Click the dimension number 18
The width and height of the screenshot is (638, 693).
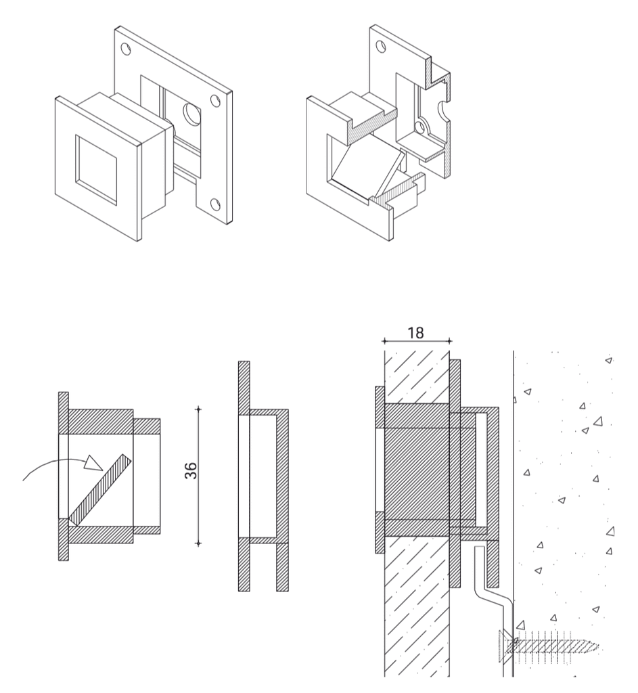pyautogui.click(x=415, y=332)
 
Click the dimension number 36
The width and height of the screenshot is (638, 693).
pyautogui.click(x=190, y=471)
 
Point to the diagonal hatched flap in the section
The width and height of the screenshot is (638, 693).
pyautogui.click(x=100, y=490)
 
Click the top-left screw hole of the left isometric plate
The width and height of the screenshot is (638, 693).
pyautogui.click(x=125, y=49)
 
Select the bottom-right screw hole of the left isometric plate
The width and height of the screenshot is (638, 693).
pyautogui.click(x=215, y=204)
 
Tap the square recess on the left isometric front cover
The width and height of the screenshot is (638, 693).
pyautogui.click(x=96, y=170)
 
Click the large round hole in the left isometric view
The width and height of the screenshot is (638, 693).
pyautogui.click(x=191, y=114)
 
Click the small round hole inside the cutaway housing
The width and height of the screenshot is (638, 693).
pyautogui.click(x=420, y=128)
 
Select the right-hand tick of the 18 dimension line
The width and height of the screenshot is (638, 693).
pyautogui.click(x=449, y=341)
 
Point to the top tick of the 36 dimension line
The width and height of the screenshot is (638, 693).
pyautogui.click(x=198, y=409)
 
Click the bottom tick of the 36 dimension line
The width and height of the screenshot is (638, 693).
pyautogui.click(x=198, y=543)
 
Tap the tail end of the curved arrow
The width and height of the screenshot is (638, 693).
pyautogui.click(x=24, y=479)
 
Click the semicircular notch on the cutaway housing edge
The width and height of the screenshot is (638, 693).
pyautogui.click(x=444, y=110)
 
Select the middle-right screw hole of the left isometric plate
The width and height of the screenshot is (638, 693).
pyautogui.click(x=215, y=102)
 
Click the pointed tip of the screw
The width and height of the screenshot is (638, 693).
pyautogui.click(x=599, y=648)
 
